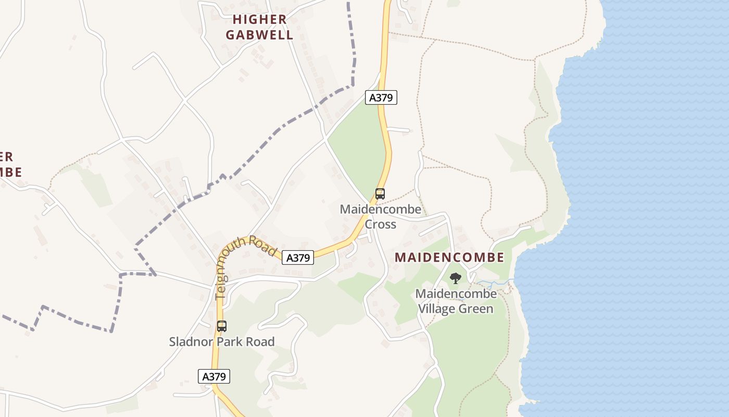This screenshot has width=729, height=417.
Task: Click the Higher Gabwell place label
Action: [x=262, y=27]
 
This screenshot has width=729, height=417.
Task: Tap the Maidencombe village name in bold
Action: [x=449, y=257]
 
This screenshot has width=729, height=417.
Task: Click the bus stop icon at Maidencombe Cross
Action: [x=380, y=194]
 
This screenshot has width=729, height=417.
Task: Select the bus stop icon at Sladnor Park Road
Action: [x=222, y=326]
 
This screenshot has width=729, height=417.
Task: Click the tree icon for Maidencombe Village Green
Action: [x=455, y=278]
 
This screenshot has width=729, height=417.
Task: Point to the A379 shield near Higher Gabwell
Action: [x=381, y=97]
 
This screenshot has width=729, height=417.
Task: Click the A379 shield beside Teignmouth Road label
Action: [x=298, y=257]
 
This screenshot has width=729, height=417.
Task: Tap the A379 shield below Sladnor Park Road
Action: [x=214, y=376]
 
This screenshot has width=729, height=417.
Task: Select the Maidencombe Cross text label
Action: [x=380, y=217]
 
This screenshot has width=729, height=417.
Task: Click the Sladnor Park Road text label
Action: [x=222, y=342]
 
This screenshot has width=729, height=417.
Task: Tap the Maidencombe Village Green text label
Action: [x=456, y=301]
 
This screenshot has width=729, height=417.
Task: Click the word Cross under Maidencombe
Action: [x=380, y=225]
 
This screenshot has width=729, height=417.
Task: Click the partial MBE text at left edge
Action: [x=10, y=172]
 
